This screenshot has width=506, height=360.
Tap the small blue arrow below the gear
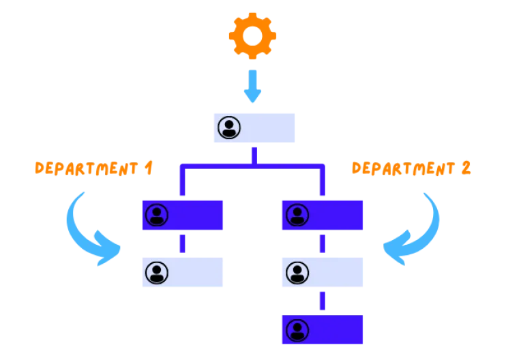click(252, 85)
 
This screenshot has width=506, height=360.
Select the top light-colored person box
click(256, 127)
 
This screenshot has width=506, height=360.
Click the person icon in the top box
click(229, 127)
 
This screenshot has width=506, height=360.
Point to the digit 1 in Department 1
click(149, 168)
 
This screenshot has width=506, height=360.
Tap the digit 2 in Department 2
click(466, 168)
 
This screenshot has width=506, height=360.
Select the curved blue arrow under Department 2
click(416, 232)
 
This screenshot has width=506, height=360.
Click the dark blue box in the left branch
click(183, 215)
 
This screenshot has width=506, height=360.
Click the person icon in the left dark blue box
click(157, 215)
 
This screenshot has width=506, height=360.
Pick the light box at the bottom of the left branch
click(183, 273)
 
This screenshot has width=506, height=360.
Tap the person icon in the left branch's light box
click(157, 273)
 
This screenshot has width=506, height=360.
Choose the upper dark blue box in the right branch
click(322, 215)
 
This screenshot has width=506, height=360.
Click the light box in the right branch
click(322, 273)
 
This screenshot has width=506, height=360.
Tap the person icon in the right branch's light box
click(297, 273)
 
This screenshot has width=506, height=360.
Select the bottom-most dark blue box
click(322, 330)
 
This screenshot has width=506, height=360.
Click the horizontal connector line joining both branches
click(252, 165)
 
